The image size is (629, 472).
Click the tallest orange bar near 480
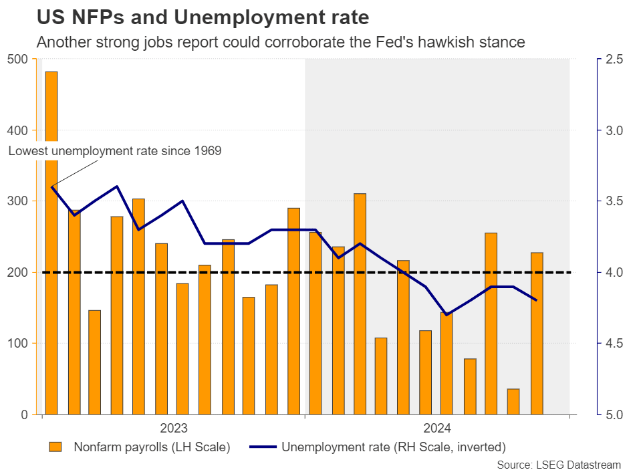click(51, 241)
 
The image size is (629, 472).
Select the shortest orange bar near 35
click(513, 402)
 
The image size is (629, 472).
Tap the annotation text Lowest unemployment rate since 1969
click(114, 151)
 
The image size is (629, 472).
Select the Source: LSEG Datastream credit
click(560, 464)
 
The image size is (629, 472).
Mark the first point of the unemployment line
click(51, 187)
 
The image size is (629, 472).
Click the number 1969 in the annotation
click(207, 151)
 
